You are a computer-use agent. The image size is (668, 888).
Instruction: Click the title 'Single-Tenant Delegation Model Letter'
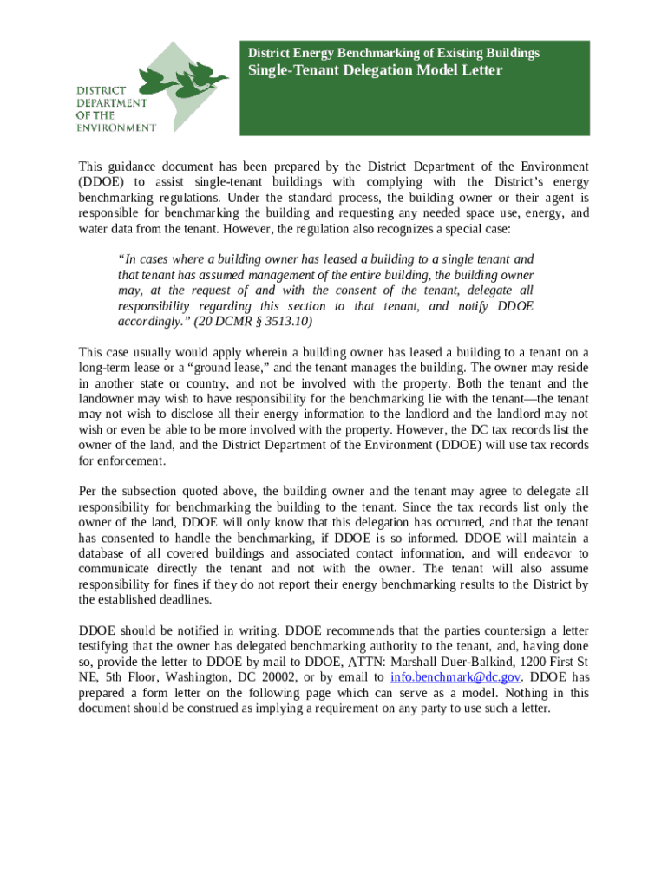[x=375, y=70]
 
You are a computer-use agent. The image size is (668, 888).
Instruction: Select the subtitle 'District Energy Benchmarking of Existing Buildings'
[x=394, y=53]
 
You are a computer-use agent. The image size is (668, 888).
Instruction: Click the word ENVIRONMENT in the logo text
[x=116, y=127]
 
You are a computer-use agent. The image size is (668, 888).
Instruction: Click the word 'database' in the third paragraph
[x=103, y=553]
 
